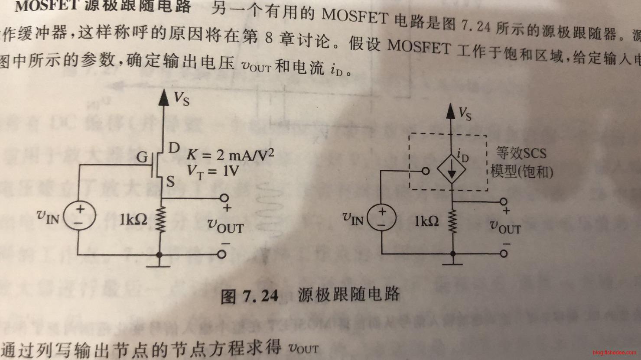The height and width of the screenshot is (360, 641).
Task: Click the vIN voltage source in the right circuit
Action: (382, 218)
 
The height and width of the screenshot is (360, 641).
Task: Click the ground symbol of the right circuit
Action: (452, 262)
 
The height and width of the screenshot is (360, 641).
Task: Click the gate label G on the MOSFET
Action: (143, 158)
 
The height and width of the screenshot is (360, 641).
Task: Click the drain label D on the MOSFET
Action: (173, 149)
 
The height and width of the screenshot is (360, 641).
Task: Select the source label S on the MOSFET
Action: (171, 182)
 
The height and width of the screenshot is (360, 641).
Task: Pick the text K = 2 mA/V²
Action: (231, 155)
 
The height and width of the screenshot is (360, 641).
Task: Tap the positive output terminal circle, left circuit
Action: (224, 198)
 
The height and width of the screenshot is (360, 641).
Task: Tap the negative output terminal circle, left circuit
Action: (222, 254)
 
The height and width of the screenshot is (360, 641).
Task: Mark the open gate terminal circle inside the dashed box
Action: (426, 172)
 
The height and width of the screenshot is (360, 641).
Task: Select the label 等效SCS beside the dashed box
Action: (521, 153)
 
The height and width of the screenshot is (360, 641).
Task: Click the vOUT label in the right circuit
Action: (505, 227)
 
